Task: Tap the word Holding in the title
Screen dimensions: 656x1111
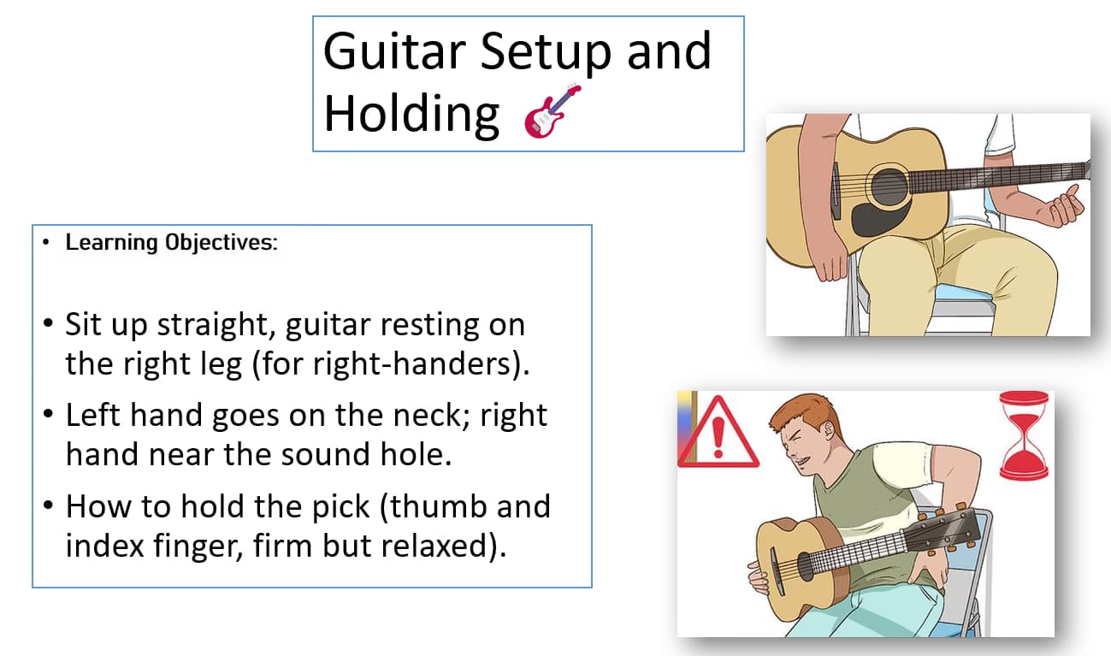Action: [x=411, y=114]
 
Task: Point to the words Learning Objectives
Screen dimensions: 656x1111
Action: [x=171, y=242]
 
